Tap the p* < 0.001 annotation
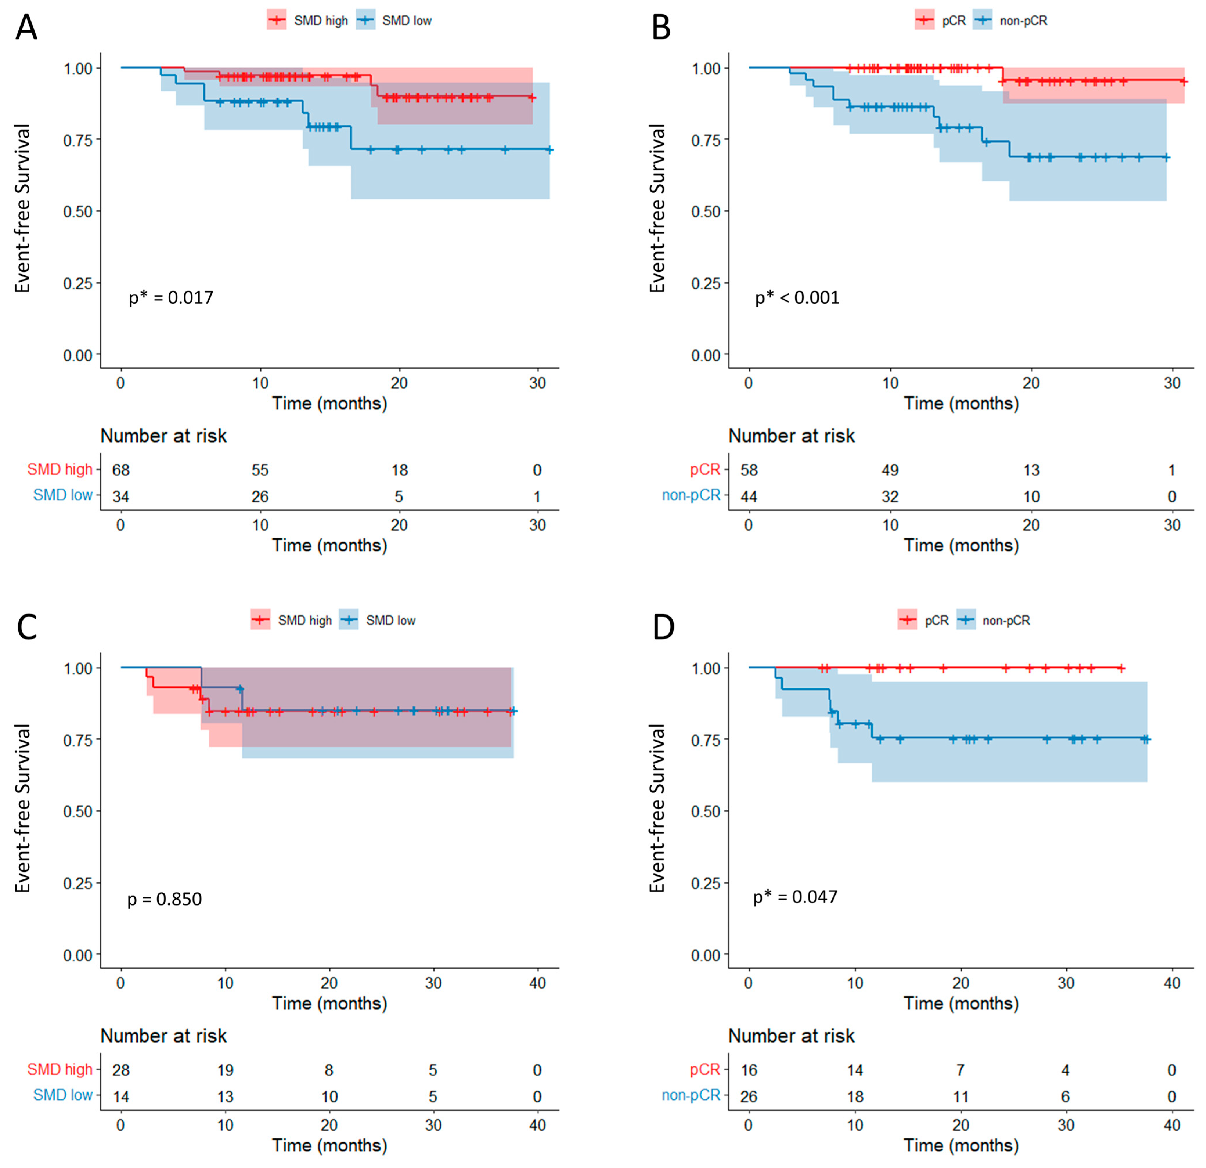(x=797, y=298)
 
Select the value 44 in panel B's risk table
(x=749, y=497)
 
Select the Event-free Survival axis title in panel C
(x=23, y=808)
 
